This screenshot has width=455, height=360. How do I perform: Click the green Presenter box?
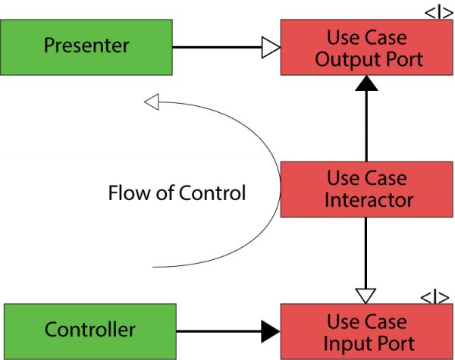click(86, 46)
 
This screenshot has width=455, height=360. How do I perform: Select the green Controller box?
click(89, 330)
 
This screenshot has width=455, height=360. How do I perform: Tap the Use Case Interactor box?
click(366, 189)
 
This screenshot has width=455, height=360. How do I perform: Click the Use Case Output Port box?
click(366, 46)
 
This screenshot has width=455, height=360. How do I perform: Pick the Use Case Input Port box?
click(366, 331)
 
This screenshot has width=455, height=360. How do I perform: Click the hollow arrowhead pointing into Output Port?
click(271, 48)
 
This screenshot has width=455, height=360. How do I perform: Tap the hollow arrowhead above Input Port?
click(366, 293)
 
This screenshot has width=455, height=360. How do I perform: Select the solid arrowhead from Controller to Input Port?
click(271, 330)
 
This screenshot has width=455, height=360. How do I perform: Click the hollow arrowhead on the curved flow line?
click(152, 101)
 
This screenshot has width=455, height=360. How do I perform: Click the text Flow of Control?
click(177, 193)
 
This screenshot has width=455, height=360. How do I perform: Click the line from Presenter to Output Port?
click(217, 48)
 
